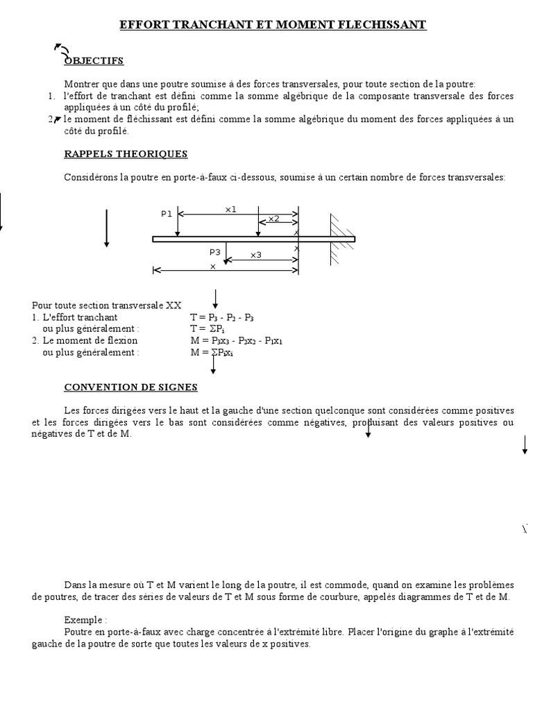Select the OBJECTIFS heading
tap(94, 60)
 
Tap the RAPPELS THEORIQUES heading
tap(126, 153)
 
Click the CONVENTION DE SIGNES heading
tap(130, 387)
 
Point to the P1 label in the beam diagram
tap(167, 214)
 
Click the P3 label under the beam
tap(214, 252)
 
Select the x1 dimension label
tap(231, 208)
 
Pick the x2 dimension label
tap(273, 219)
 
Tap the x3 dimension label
tap(256, 255)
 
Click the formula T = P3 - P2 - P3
tap(221, 317)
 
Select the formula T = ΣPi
tap(208, 328)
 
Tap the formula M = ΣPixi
tap(212, 352)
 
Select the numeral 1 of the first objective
tap(51, 96)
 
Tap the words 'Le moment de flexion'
tap(90, 340)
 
